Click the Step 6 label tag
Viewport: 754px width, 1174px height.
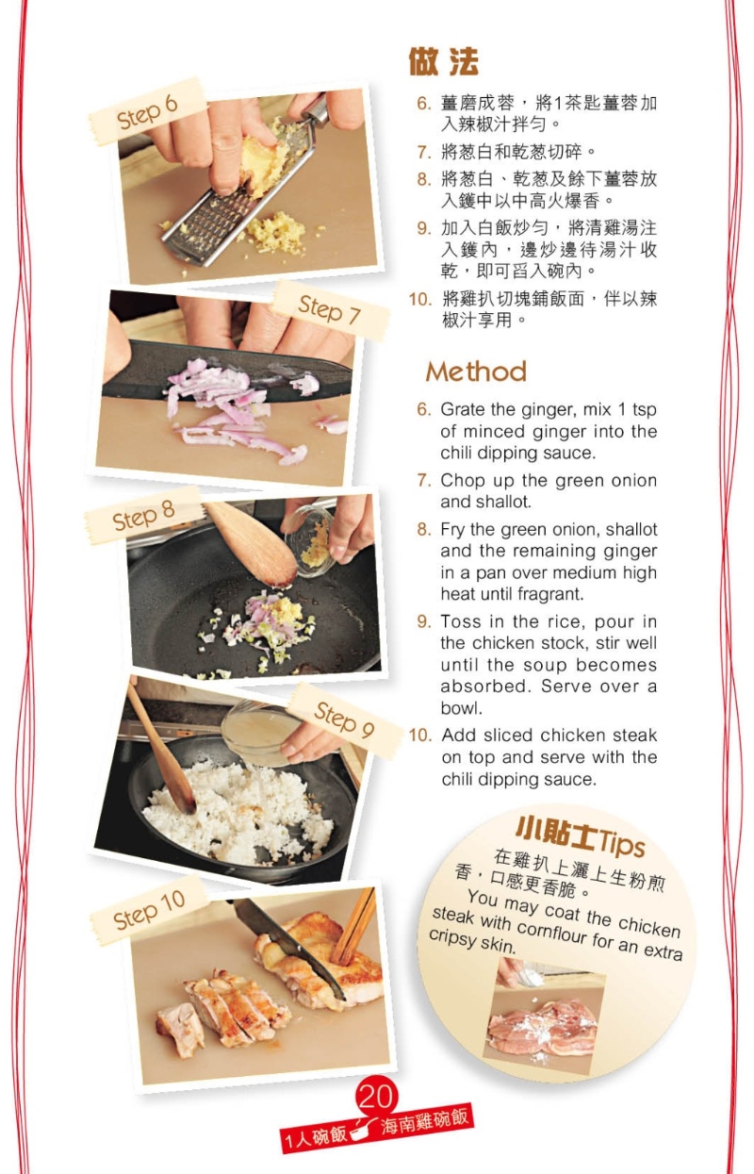147,112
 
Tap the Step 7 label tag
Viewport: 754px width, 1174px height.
329,309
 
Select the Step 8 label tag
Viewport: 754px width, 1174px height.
143,517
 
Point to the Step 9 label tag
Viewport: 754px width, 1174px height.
343,720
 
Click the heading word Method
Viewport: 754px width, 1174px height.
476,371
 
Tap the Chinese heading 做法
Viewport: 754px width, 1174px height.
444,62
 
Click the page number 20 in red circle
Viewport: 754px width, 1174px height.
375,1097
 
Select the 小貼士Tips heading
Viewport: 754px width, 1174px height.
579,832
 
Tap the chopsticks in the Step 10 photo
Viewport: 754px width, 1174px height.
356,925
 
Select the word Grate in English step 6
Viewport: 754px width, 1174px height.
463,410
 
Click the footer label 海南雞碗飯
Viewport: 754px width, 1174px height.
423,1122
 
